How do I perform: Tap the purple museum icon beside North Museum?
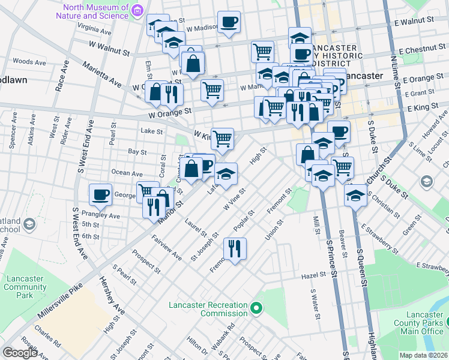pyautogui.click(x=138, y=10)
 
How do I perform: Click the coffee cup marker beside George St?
pyautogui.click(x=100, y=194)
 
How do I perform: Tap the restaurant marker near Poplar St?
pyautogui.click(x=234, y=247)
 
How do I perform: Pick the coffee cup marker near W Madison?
pyautogui.click(x=229, y=22)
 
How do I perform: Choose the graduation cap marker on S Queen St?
pyautogui.click(x=355, y=195)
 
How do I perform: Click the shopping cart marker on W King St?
pyautogui.click(x=222, y=139)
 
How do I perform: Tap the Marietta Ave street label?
pyautogui.click(x=102, y=73)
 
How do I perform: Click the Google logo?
pyautogui.click(x=20, y=352)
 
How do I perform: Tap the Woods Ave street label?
pyautogui.click(x=29, y=62)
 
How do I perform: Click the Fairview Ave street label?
pyautogui.click(x=167, y=247)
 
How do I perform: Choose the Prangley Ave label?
pyautogui.click(x=105, y=215)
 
